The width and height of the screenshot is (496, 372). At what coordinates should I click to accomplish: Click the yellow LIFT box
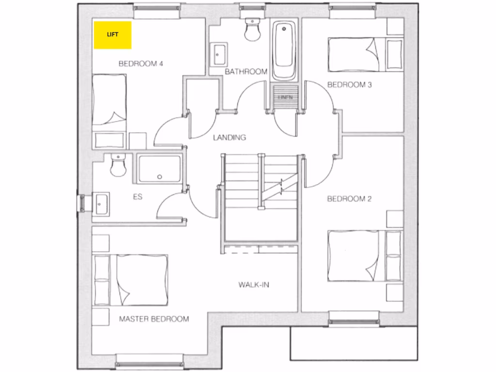pos(113,35)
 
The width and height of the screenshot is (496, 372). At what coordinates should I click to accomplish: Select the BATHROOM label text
pos(246,72)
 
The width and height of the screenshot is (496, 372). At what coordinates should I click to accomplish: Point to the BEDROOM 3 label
pos(350,85)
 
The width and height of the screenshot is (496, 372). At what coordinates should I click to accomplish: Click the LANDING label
pos(230,138)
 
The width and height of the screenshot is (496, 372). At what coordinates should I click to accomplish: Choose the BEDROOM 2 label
pos(350,199)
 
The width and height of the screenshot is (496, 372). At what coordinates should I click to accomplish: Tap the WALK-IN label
pos(253,284)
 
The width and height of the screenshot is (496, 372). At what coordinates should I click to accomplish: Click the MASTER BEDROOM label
pos(154,319)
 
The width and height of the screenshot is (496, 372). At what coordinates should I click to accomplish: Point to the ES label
pos(138,197)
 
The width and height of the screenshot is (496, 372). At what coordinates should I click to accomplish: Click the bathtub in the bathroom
pos(284,51)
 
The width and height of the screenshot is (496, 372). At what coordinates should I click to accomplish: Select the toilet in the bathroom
pos(252,30)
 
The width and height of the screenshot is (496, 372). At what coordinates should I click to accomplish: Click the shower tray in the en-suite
pos(159,169)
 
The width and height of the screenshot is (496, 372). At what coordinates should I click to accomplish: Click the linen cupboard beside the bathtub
pos(283,94)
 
